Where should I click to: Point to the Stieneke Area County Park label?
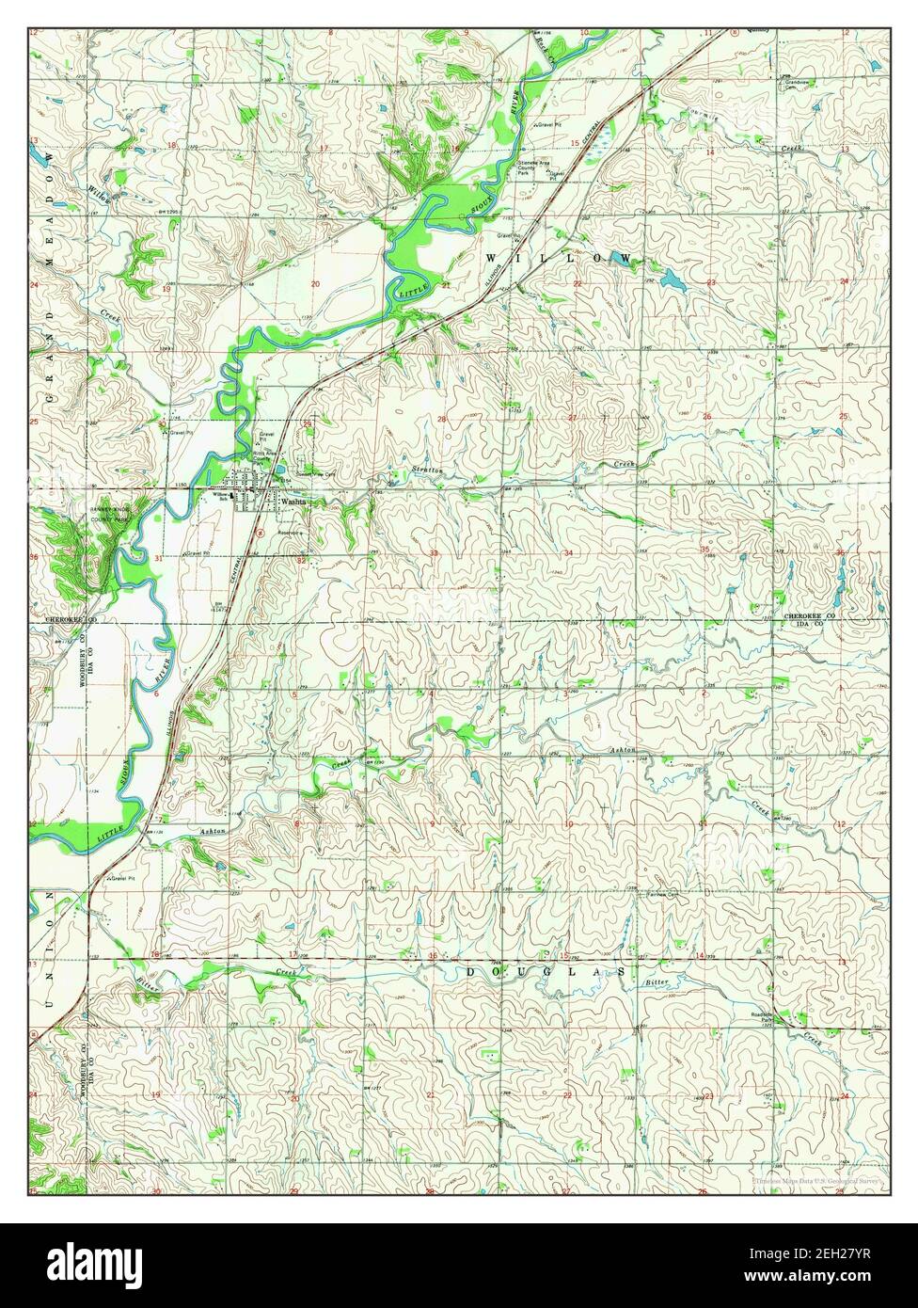pos(535,167)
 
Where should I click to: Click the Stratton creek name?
pos(426,470)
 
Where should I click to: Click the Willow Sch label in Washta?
pos(219,497)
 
